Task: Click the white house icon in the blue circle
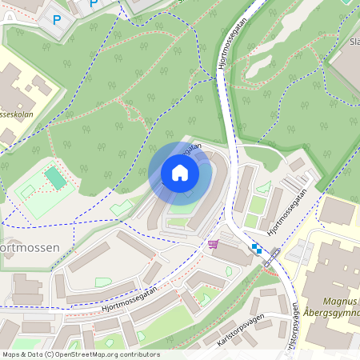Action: (x=180, y=172)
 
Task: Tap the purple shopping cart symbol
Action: (x=213, y=244)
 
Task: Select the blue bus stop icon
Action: (x=257, y=250)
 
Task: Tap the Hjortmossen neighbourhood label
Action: (x=30, y=248)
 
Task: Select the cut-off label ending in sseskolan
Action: (x=18, y=114)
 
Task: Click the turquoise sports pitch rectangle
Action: (x=55, y=178)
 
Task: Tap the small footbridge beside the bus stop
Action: (x=272, y=258)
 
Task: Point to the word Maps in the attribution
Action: (x=10, y=354)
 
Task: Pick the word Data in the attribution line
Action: (x=34, y=354)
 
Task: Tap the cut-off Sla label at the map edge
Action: (x=353, y=42)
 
